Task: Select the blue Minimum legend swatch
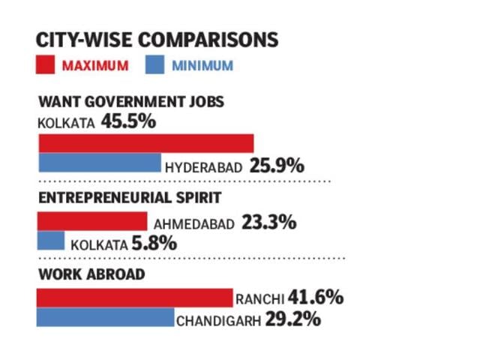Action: pos(153,65)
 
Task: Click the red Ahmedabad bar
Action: pos(91,220)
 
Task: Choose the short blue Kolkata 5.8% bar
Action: pos(50,241)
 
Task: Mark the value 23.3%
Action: pos(269,223)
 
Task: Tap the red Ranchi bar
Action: pos(134,297)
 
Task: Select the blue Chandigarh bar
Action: pos(105,318)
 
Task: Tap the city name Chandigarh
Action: pos(218,321)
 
